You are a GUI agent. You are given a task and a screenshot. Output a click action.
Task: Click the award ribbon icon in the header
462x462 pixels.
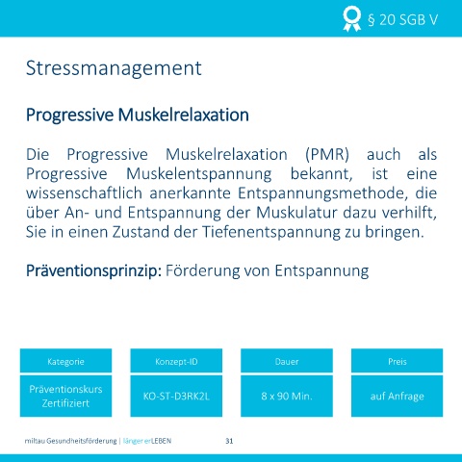[351, 19]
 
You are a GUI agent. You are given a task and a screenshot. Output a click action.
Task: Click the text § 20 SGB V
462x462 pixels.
[402, 20]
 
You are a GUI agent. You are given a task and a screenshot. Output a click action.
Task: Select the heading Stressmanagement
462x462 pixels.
[114, 69]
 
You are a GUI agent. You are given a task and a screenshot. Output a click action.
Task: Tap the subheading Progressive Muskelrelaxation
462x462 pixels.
[138, 115]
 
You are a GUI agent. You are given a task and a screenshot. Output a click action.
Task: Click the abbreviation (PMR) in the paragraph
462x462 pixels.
[327, 154]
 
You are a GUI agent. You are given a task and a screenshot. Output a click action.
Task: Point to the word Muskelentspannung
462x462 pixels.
[199, 174]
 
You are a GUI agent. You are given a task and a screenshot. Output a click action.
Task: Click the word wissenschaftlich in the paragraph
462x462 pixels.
[84, 193]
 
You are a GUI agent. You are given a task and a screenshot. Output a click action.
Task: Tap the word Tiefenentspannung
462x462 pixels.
[271, 232]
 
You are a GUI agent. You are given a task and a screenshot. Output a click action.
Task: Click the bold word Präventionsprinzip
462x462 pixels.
[93, 270]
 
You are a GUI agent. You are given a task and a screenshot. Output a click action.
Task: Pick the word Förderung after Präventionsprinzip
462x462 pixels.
[203, 270]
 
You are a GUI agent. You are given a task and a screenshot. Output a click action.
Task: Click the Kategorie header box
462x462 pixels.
[65, 361]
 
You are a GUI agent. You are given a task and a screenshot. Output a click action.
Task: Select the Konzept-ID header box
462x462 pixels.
[176, 361]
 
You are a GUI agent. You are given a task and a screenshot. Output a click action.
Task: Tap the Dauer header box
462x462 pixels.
[287, 361]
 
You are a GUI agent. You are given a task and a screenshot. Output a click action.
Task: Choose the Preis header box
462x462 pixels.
[398, 361]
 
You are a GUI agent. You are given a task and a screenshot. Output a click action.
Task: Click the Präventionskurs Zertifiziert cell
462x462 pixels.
[65, 396]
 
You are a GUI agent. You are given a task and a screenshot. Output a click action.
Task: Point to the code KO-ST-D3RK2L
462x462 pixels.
[176, 397]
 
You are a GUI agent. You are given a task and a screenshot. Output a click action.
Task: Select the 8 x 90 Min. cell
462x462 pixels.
[287, 396]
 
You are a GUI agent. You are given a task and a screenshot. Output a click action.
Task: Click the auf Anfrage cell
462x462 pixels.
[398, 396]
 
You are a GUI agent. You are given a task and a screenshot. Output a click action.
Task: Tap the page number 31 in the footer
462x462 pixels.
[229, 441]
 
